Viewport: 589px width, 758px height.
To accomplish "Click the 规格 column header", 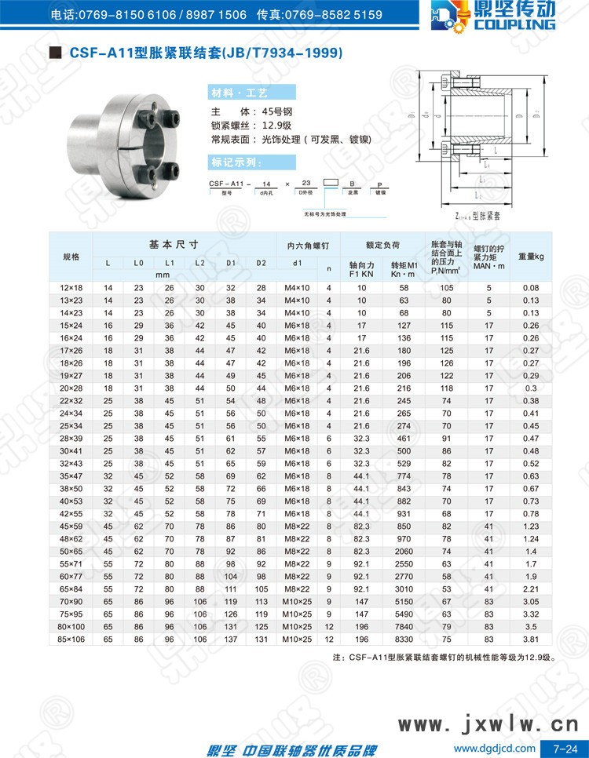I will click(x=71, y=257).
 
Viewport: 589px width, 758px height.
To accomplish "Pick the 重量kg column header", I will click(x=531, y=257).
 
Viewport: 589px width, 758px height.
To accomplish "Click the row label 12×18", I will click(x=71, y=288).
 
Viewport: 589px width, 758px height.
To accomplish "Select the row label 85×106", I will click(x=71, y=640).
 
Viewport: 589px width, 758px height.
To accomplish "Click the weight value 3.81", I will click(x=531, y=640).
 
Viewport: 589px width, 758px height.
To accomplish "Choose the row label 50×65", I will click(x=71, y=552).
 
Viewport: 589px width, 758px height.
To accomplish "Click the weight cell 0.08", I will click(x=531, y=288).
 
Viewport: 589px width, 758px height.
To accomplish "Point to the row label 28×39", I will click(x=71, y=439).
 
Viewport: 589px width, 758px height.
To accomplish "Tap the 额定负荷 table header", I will click(x=383, y=243).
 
